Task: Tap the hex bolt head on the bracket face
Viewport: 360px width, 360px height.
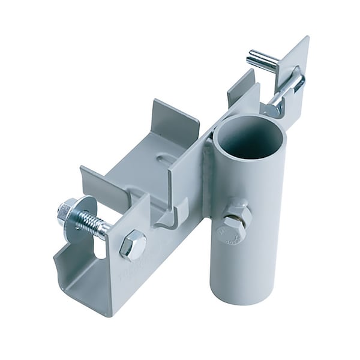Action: pos(133,244)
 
